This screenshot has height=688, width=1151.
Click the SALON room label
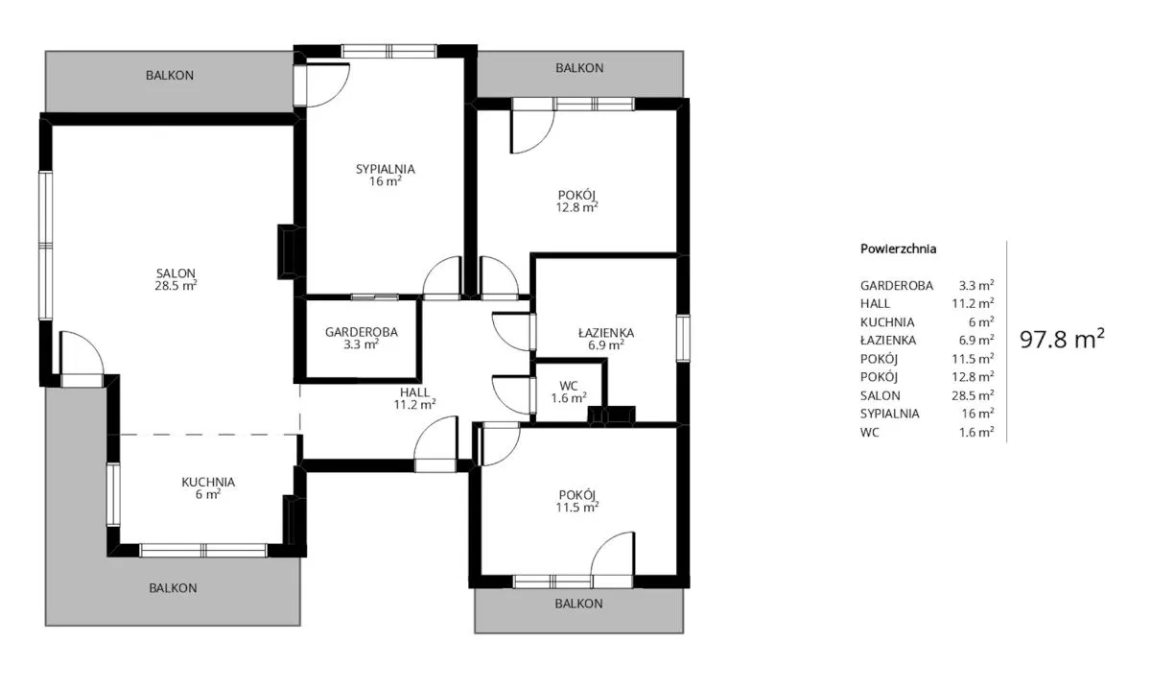[176, 273]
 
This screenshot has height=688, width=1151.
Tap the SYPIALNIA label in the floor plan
[386, 169]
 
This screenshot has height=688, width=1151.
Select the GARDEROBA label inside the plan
[362, 332]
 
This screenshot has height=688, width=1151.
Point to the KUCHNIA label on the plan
[208, 483]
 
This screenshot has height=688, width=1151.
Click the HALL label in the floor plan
[414, 392]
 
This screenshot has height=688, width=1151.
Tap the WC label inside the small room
[569, 386]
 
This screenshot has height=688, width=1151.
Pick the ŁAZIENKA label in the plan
[606, 333]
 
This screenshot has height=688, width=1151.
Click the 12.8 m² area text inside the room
[577, 207]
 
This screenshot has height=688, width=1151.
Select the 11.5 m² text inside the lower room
[577, 508]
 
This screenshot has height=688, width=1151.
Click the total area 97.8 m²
[1062, 340]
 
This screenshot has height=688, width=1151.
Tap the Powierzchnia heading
[898, 249]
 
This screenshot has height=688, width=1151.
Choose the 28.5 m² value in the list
[973, 395]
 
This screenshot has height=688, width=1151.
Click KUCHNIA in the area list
[887, 322]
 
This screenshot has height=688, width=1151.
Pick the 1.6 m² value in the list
[976, 433]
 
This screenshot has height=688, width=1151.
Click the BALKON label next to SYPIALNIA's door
[170, 76]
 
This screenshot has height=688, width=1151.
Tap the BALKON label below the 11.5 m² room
[578, 604]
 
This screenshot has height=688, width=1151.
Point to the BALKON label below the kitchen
[173, 588]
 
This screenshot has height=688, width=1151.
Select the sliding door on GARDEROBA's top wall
[375, 297]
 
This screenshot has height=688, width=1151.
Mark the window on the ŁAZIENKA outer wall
[683, 339]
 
